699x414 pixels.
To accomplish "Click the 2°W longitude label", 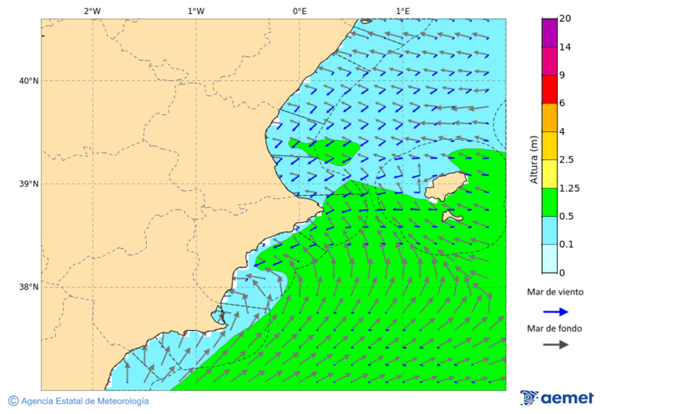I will [x=92, y=11].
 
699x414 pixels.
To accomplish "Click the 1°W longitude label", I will [x=196, y=11].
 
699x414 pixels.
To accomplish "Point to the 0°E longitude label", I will [x=299, y=11].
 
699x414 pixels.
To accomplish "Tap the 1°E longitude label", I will [x=403, y=11].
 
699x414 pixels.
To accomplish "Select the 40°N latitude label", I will [x=29, y=81].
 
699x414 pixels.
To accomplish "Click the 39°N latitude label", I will [x=29, y=184].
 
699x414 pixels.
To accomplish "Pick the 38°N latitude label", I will [x=29, y=287].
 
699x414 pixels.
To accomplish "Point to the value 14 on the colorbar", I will [x=565, y=47].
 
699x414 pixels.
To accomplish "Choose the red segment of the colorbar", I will [x=549, y=89].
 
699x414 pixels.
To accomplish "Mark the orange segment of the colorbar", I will [x=549, y=117].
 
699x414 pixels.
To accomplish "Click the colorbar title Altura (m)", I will [x=534, y=159].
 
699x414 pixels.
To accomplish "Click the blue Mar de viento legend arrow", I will [x=555, y=311].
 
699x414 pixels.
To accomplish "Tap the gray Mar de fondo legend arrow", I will [x=555, y=344].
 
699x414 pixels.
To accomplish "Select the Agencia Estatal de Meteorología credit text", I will [x=84, y=401].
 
